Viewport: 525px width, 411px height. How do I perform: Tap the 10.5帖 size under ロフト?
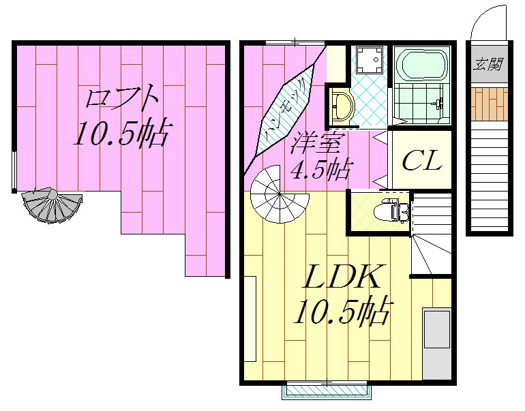[120, 134]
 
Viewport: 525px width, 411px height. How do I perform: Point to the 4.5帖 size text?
[318, 169]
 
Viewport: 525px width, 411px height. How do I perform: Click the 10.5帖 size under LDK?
[341, 312]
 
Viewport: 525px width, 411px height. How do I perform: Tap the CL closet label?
[421, 162]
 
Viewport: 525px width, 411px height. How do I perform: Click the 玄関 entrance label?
[488, 66]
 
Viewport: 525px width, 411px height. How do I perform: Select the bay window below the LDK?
[327, 391]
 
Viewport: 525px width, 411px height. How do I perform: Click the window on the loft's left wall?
[14, 170]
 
